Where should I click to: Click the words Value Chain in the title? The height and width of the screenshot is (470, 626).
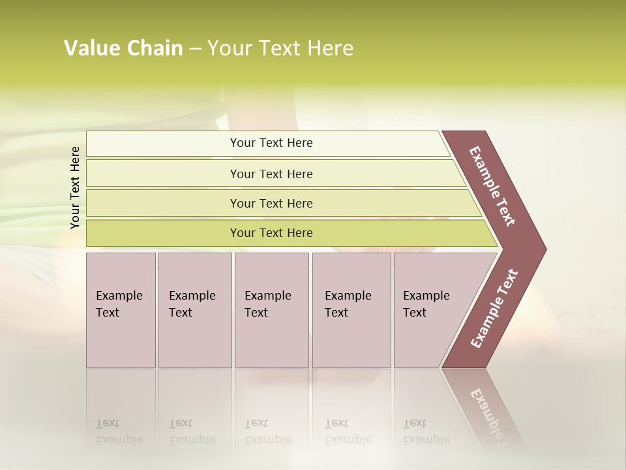point(123,48)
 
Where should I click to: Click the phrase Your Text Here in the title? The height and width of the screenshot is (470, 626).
point(280,48)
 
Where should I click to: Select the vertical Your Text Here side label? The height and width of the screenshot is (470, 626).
point(75,188)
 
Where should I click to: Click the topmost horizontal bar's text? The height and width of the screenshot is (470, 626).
point(271,143)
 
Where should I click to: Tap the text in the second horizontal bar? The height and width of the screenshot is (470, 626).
point(271,174)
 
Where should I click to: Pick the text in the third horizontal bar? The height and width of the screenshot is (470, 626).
point(271,204)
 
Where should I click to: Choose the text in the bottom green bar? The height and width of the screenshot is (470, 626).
point(271,233)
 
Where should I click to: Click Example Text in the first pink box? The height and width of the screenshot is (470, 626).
point(119,304)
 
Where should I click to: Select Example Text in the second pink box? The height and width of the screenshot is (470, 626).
point(192,304)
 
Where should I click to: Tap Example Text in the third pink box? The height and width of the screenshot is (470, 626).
point(267,304)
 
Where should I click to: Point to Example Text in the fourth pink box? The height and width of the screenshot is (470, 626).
point(348,304)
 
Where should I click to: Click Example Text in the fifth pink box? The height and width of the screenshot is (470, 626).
point(426,304)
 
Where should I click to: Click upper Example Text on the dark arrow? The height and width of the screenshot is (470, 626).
point(492,186)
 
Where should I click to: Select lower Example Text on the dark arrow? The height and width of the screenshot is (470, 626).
point(494,309)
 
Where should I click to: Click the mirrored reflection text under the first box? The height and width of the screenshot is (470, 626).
point(119,431)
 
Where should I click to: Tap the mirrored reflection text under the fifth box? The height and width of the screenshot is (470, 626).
point(426,431)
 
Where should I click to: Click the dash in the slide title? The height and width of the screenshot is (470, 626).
point(195,49)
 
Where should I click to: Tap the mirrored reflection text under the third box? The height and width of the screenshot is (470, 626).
point(267,431)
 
